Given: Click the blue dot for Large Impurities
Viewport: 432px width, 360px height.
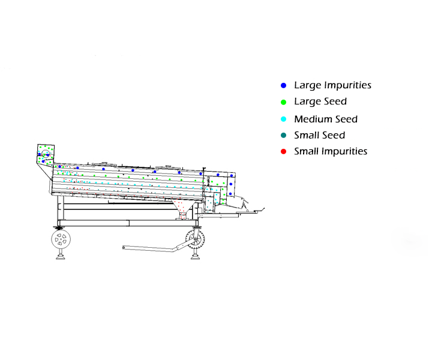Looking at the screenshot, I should pos(283,86).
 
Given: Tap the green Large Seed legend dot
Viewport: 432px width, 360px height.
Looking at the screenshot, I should pos(283,102).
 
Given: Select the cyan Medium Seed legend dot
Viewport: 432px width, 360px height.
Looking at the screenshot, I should pos(283,119).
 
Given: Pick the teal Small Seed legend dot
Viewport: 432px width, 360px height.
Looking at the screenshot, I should pos(283,136).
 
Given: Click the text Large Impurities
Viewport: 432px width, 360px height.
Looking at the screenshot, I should pos(332,85).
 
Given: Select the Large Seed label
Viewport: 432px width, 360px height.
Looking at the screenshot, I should pos(320,102).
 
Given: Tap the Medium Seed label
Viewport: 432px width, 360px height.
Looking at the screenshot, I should pos(325,119).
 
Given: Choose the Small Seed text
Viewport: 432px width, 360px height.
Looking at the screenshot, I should pos(319,135).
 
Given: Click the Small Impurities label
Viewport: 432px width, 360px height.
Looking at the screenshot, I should pos(330,151).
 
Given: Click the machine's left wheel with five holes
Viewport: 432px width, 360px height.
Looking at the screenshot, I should pos(61,241).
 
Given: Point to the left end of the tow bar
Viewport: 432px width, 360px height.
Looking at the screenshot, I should pos(124,247).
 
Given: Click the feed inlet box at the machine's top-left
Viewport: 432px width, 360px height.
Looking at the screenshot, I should pos(45,155).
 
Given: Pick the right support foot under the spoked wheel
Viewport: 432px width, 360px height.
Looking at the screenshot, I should pos(196,259).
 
